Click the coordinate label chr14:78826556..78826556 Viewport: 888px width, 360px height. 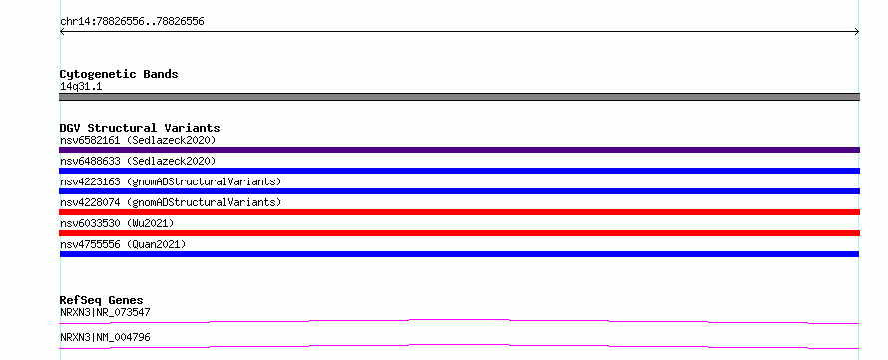point(132,22)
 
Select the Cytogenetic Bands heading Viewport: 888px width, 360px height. point(119,74)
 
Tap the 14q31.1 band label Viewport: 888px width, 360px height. point(81,87)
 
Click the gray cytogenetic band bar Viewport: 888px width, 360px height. point(459,97)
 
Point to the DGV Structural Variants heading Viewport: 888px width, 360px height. point(140,128)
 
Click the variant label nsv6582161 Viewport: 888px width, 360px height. point(90,140)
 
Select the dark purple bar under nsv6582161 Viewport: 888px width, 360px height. point(459,150)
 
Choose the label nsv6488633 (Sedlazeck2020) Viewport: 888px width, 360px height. point(138,161)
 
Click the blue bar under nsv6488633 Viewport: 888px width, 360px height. point(459,171)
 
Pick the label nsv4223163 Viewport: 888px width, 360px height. point(90,181)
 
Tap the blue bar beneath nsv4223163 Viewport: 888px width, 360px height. point(459,191)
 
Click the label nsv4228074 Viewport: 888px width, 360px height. point(90,202)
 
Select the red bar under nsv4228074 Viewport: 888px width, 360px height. point(459,212)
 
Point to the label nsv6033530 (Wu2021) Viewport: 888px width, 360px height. point(117,223)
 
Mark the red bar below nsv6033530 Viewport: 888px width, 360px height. point(459,233)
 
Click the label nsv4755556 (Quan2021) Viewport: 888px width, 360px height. point(123,244)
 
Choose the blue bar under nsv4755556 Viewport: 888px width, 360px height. point(459,254)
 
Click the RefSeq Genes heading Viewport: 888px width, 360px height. point(102,300)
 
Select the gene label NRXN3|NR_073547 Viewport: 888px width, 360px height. point(105,312)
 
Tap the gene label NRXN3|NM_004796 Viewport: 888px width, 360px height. point(105,338)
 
